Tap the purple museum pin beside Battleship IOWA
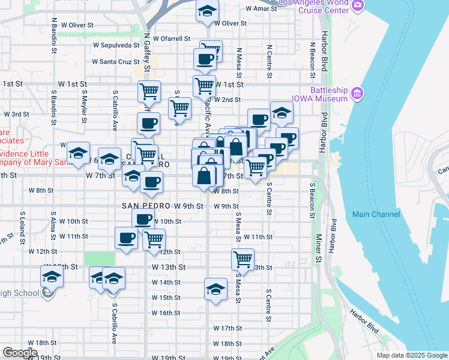358,92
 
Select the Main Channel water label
376,214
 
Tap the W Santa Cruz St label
116,61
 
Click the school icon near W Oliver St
207,11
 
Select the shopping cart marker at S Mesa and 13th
243,260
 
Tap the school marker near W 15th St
215,289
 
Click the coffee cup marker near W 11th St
127,238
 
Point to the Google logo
20,352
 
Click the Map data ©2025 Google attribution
411,355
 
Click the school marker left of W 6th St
78,155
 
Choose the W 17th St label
228,328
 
